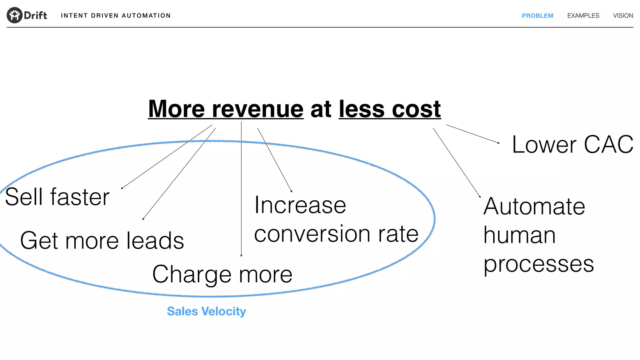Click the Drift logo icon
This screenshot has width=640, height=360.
click(14, 15)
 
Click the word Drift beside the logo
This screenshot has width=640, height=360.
click(35, 15)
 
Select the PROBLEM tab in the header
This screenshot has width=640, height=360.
click(537, 16)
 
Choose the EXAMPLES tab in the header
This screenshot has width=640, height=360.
click(583, 16)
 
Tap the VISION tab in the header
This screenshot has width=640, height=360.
click(623, 16)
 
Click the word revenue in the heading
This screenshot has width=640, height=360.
click(257, 109)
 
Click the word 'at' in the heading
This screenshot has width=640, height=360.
click(321, 109)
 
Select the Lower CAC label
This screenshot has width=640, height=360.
click(572, 144)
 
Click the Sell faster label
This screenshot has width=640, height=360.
click(57, 197)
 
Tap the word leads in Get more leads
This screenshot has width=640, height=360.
click(155, 241)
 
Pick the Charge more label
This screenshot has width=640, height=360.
click(222, 274)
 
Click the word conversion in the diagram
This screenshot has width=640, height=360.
click(312, 234)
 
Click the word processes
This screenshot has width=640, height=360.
click(538, 264)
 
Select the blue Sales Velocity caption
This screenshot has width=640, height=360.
click(206, 311)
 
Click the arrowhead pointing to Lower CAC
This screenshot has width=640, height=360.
click(498, 143)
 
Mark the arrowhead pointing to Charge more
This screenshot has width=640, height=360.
click(241, 256)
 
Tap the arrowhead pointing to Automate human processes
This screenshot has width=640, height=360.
click(480, 197)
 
